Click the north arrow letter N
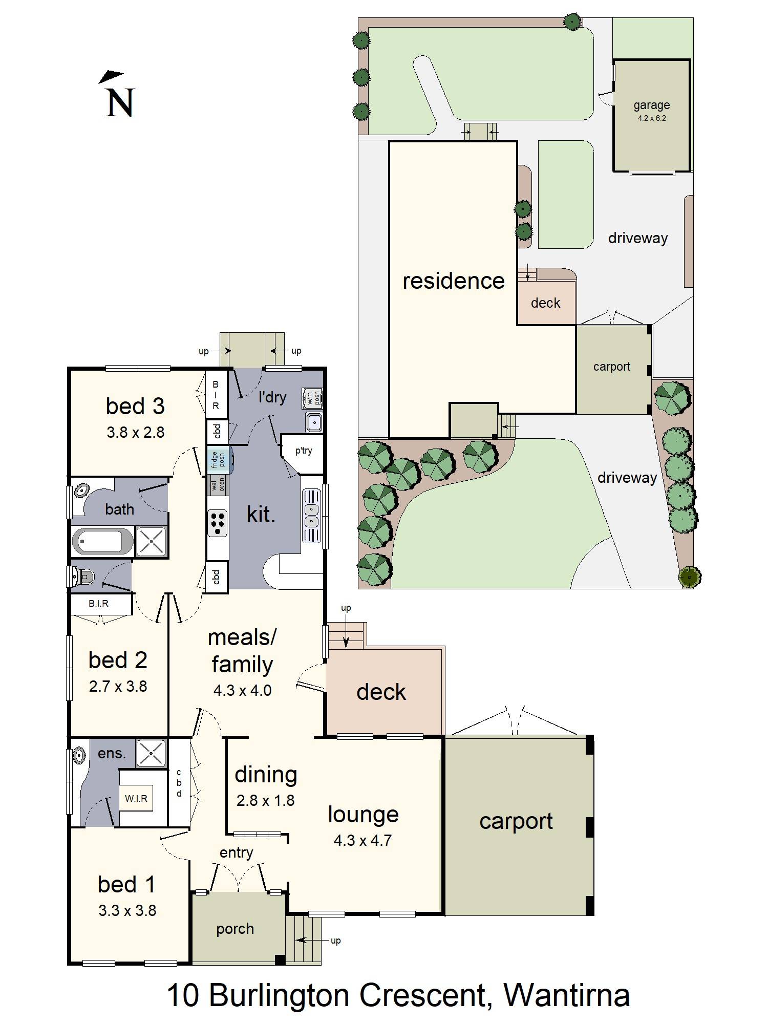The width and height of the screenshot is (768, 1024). (x=120, y=102)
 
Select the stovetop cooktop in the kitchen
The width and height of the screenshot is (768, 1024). (x=218, y=523)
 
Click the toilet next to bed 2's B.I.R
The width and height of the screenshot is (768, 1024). (x=83, y=578)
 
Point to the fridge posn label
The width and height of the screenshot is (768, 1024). (x=218, y=459)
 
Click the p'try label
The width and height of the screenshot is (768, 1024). (x=303, y=451)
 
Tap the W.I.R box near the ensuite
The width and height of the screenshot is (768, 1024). (x=136, y=798)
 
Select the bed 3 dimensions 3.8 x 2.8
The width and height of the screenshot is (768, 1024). (x=135, y=433)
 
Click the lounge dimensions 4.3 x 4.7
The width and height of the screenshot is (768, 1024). (x=362, y=840)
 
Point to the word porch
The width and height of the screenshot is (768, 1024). (x=235, y=929)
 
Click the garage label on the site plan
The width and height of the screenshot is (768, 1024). (x=651, y=105)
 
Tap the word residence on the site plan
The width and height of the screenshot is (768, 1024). (x=453, y=281)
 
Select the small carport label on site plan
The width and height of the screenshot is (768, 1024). (x=611, y=367)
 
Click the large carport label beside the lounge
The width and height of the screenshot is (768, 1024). (x=516, y=821)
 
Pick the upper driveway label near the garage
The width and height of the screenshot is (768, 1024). (x=637, y=238)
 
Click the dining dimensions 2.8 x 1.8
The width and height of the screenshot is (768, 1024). (x=265, y=800)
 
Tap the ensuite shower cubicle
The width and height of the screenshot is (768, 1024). (x=151, y=753)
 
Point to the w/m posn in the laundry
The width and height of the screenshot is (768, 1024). (x=312, y=398)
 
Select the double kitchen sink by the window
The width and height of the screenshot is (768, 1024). (x=311, y=516)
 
